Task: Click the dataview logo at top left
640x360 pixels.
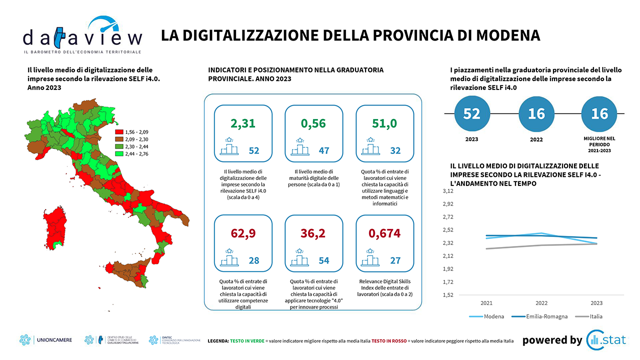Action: click(x=82, y=35)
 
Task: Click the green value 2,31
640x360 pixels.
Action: click(x=243, y=123)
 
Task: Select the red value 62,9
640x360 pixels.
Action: click(x=243, y=233)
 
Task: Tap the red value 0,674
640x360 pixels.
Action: click(x=384, y=233)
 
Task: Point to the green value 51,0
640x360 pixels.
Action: click(x=384, y=123)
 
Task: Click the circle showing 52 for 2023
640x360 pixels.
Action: click(x=471, y=114)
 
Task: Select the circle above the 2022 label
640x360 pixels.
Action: click(x=536, y=114)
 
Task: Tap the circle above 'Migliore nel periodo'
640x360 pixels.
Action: click(x=599, y=114)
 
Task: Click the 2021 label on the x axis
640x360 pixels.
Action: click(x=486, y=303)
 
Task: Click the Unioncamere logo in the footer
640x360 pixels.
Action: click(x=46, y=340)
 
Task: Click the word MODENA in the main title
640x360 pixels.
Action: click(x=507, y=35)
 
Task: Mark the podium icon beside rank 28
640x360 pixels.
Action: click(x=230, y=259)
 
